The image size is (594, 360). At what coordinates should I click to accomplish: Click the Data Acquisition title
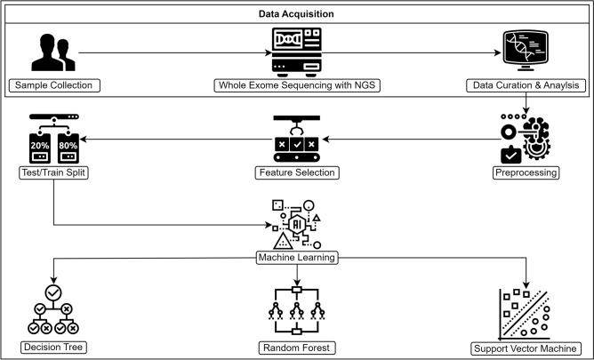(x=297, y=14)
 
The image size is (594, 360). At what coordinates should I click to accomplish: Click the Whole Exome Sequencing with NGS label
(x=297, y=85)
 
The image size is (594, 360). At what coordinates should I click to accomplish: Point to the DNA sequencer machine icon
(x=297, y=51)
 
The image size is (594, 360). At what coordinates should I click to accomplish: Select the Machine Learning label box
(x=297, y=257)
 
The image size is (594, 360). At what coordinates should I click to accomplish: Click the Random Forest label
(x=297, y=346)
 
